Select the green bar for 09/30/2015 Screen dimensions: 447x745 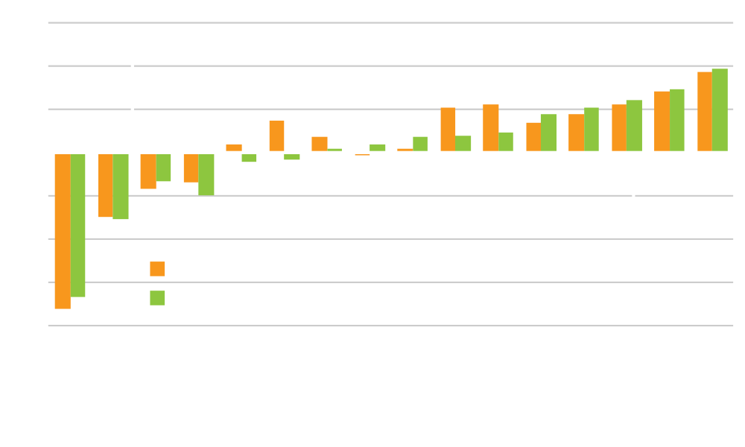pyautogui.click(x=78, y=225)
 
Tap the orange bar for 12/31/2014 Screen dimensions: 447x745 pyautogui.click(x=276, y=136)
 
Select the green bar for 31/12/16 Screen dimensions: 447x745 pyautogui.click(x=206, y=174)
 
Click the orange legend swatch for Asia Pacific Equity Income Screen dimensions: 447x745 pyautogui.click(x=157, y=269)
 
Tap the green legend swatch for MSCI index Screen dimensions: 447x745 pyautogui.click(x=157, y=299)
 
